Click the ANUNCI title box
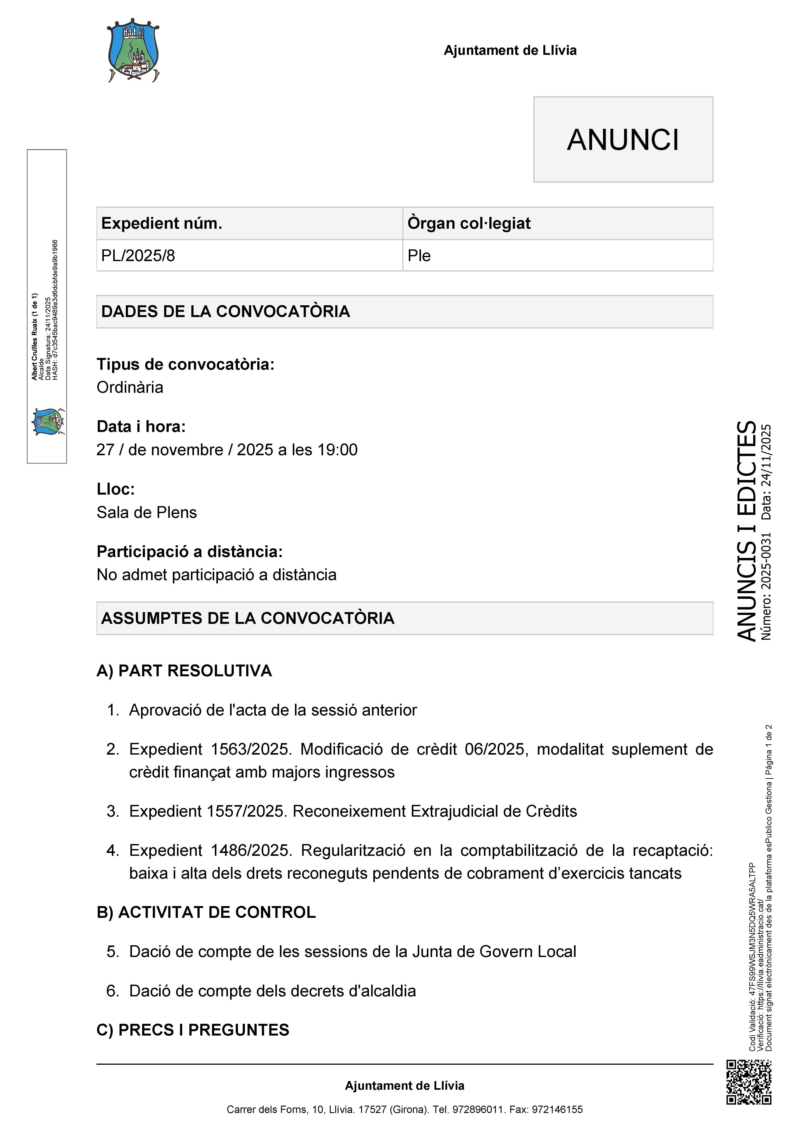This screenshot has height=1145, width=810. coord(623,140)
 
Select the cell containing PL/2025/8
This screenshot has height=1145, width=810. coord(138,256)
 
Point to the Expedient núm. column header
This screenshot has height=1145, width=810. coord(162,223)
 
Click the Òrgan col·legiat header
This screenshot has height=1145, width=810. coord(469,223)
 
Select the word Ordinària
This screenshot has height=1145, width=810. coord(130,388)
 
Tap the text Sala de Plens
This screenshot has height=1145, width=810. coord(147,513)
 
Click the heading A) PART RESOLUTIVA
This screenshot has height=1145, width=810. coord(184,671)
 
